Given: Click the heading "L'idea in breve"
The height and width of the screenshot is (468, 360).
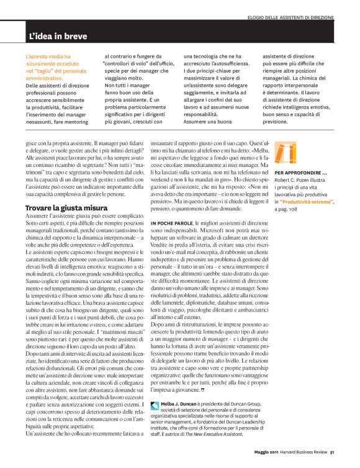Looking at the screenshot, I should coord(58,37).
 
